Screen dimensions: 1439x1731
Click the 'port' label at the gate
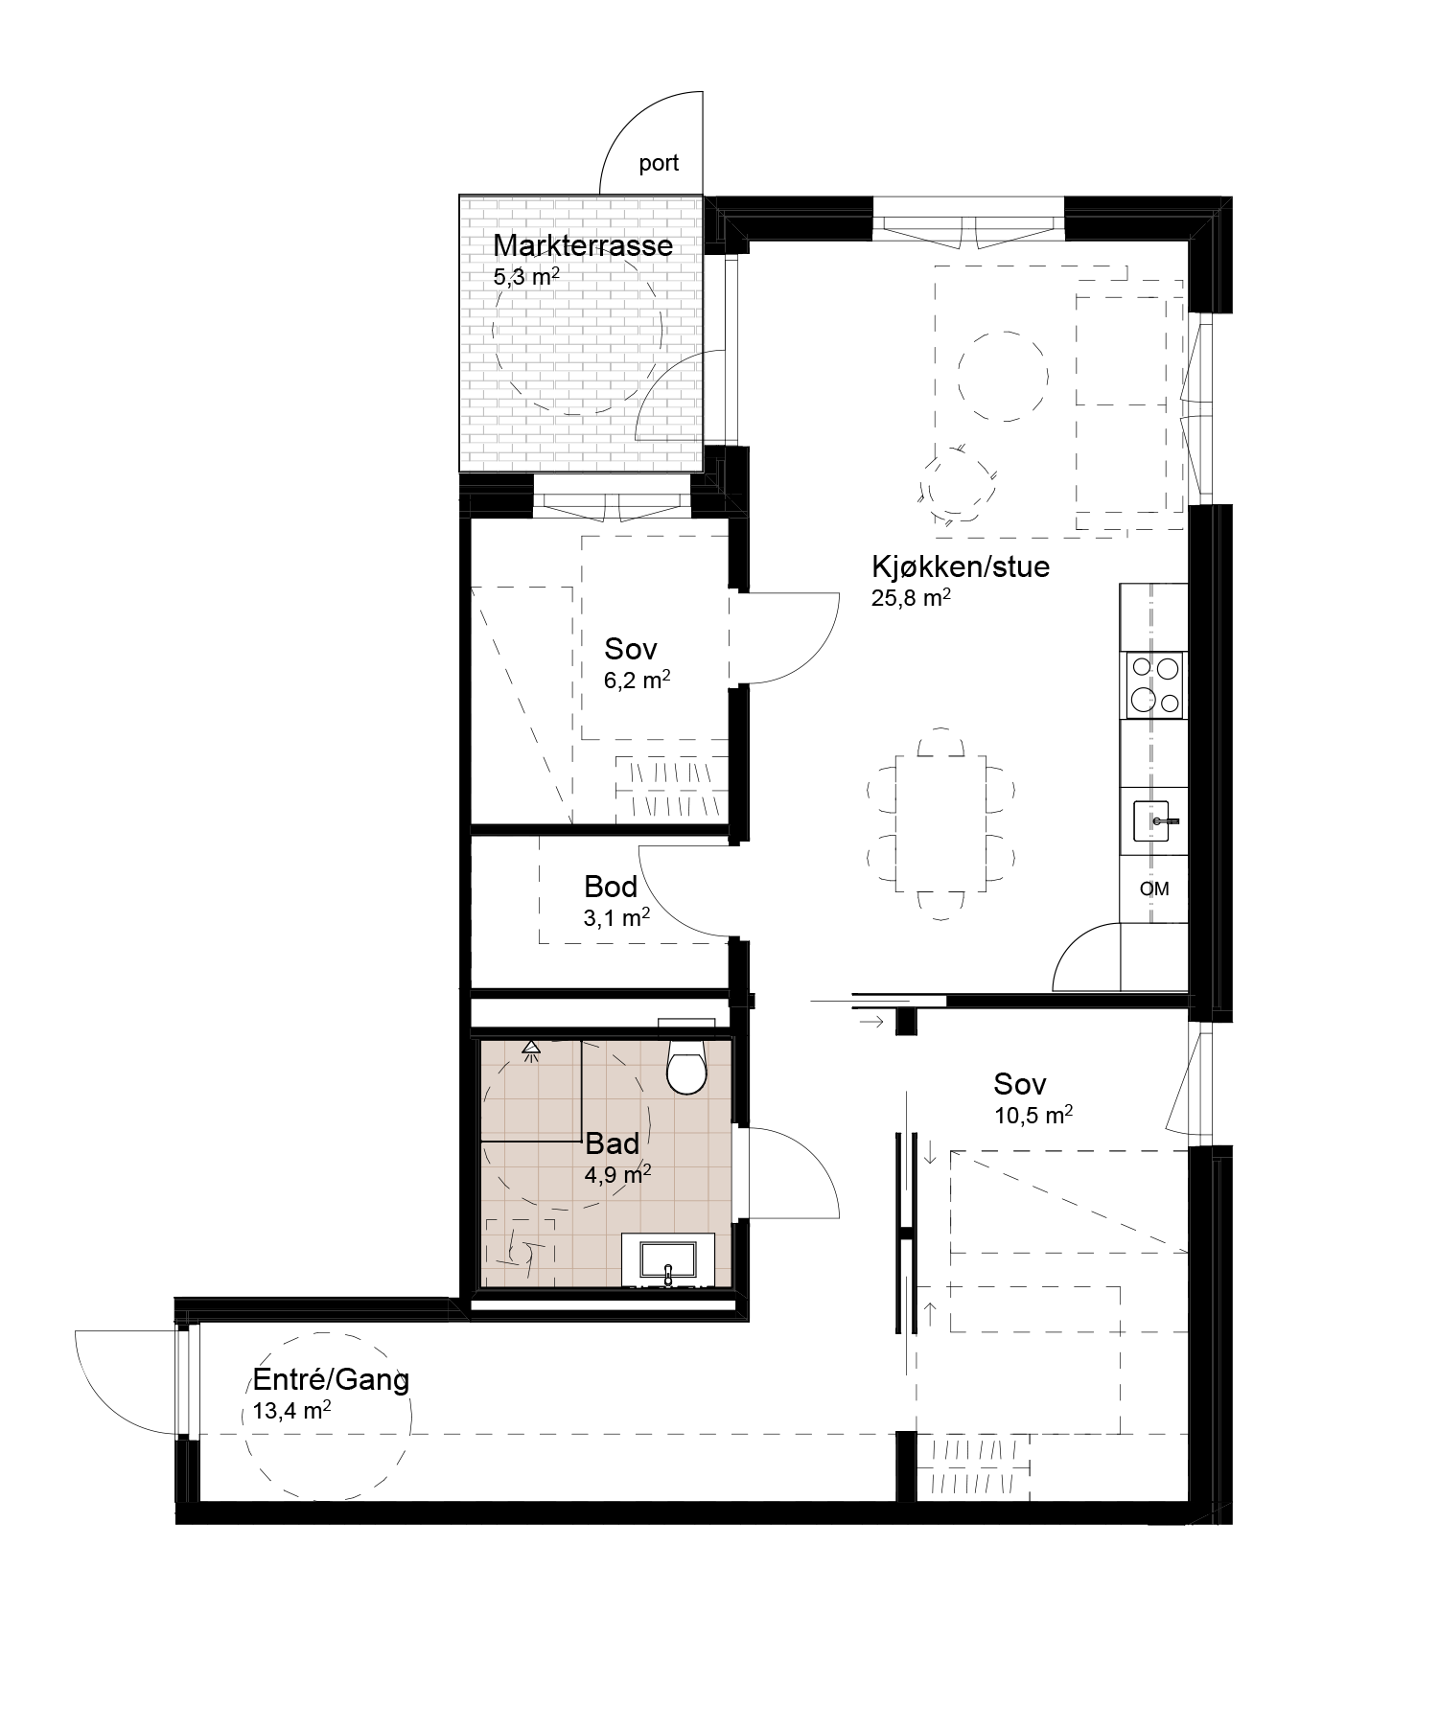659,164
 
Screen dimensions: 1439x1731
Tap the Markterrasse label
583,245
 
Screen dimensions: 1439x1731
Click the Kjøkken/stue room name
961,566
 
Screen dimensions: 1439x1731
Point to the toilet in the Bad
686,1064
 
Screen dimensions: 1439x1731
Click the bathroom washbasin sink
667,1259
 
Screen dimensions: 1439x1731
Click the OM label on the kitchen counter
1154,889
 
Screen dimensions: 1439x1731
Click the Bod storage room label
611,887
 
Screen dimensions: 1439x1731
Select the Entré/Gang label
331,1380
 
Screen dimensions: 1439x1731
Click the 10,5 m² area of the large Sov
1033,1115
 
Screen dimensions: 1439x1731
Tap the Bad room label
612,1143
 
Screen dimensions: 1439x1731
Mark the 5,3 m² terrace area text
526,278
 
